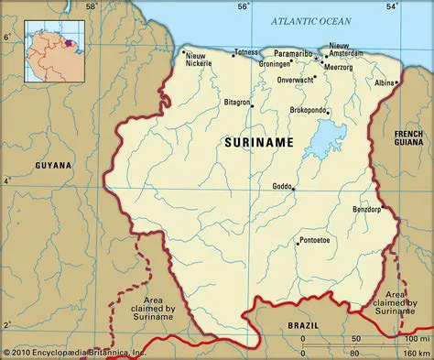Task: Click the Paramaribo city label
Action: (292, 53)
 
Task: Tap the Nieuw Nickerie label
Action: (199, 60)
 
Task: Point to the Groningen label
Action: (276, 64)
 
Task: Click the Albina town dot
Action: (397, 83)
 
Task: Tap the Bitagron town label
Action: (237, 103)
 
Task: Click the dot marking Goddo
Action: (293, 189)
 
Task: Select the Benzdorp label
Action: (366, 210)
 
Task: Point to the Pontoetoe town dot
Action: (297, 244)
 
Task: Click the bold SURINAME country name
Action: (259, 143)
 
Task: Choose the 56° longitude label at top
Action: (244, 7)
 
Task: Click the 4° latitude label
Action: (7, 181)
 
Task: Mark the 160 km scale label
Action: (417, 352)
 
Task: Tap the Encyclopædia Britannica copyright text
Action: (75, 353)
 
